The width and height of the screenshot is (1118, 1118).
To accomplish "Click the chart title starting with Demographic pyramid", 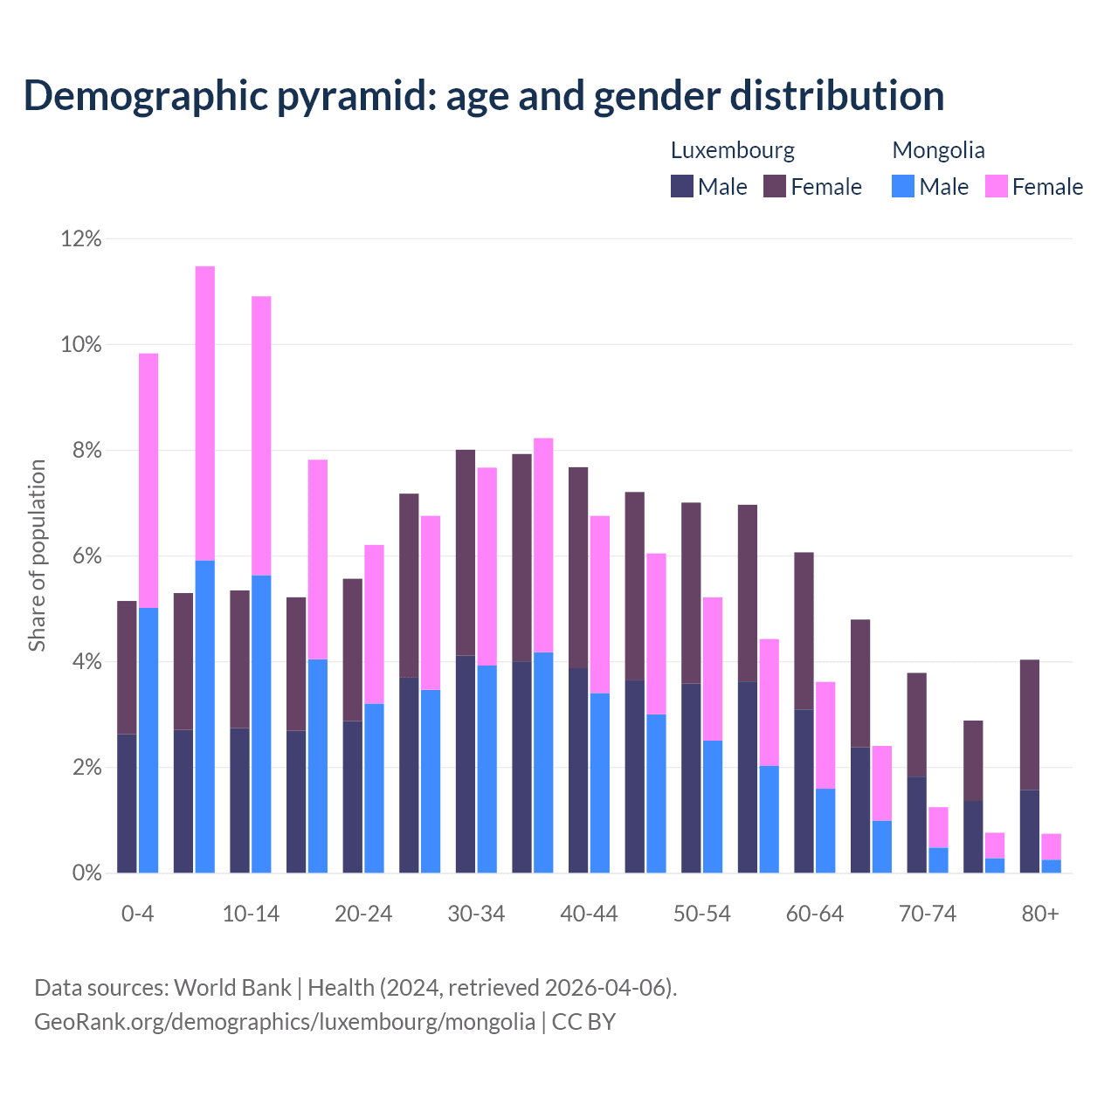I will pyautogui.click(x=483, y=96).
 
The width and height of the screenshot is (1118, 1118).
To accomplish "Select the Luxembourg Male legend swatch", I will pyautogui.click(x=682, y=186).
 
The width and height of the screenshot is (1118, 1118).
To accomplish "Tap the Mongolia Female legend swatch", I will pyautogui.click(x=996, y=186).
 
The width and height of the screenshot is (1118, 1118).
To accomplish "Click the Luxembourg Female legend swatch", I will pyautogui.click(x=775, y=186).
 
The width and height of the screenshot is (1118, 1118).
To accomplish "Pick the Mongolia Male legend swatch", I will pyautogui.click(x=903, y=186).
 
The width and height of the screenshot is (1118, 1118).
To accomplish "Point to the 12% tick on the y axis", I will pyautogui.click(x=81, y=238).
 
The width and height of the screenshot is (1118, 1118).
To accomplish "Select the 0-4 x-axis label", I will pyautogui.click(x=137, y=914).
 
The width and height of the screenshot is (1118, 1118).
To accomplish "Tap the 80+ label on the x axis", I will pyautogui.click(x=1040, y=914).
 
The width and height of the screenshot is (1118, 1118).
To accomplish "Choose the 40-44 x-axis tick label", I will pyautogui.click(x=589, y=914).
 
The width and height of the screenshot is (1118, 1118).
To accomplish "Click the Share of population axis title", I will pyautogui.click(x=37, y=556).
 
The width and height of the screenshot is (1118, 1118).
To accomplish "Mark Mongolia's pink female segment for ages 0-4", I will pyautogui.click(x=148, y=480).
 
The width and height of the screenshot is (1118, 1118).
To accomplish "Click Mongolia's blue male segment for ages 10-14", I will pyautogui.click(x=261, y=724).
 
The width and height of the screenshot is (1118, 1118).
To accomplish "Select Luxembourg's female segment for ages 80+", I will pyautogui.click(x=1030, y=725).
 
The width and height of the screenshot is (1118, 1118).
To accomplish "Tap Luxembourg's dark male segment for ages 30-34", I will pyautogui.click(x=466, y=764).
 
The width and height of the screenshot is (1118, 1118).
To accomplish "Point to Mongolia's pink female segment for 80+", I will pyautogui.click(x=1052, y=846).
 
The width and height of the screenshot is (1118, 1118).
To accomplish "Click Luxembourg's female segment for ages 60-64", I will pyautogui.click(x=804, y=631).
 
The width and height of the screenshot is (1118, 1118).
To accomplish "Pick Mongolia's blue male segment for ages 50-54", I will pyautogui.click(x=713, y=806).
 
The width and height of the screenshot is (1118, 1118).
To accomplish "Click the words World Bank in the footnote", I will pyautogui.click(x=232, y=988).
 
